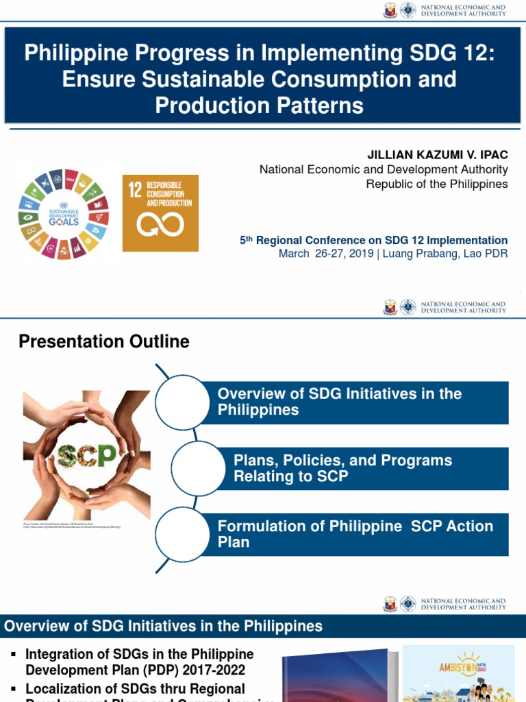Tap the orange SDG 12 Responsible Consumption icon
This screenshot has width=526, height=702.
pyautogui.click(x=160, y=213)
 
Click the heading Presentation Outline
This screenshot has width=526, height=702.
pyautogui.click(x=104, y=341)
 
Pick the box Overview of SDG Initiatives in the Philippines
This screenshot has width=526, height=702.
pyautogui.click(x=362, y=402)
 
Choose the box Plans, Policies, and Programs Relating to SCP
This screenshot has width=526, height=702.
pyautogui.click(x=370, y=469)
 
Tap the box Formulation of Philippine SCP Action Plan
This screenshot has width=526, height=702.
pyautogui.click(x=362, y=534)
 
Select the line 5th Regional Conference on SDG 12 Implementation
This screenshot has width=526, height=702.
pyautogui.click(x=373, y=241)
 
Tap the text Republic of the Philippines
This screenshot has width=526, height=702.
pyautogui.click(x=437, y=184)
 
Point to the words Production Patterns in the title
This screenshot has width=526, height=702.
pyautogui.click(x=259, y=106)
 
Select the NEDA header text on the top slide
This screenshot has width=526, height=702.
pyautogui.click(x=463, y=10)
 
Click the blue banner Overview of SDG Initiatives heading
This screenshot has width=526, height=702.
pyautogui.click(x=163, y=626)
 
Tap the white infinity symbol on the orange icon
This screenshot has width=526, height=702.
pyautogui.click(x=160, y=224)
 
